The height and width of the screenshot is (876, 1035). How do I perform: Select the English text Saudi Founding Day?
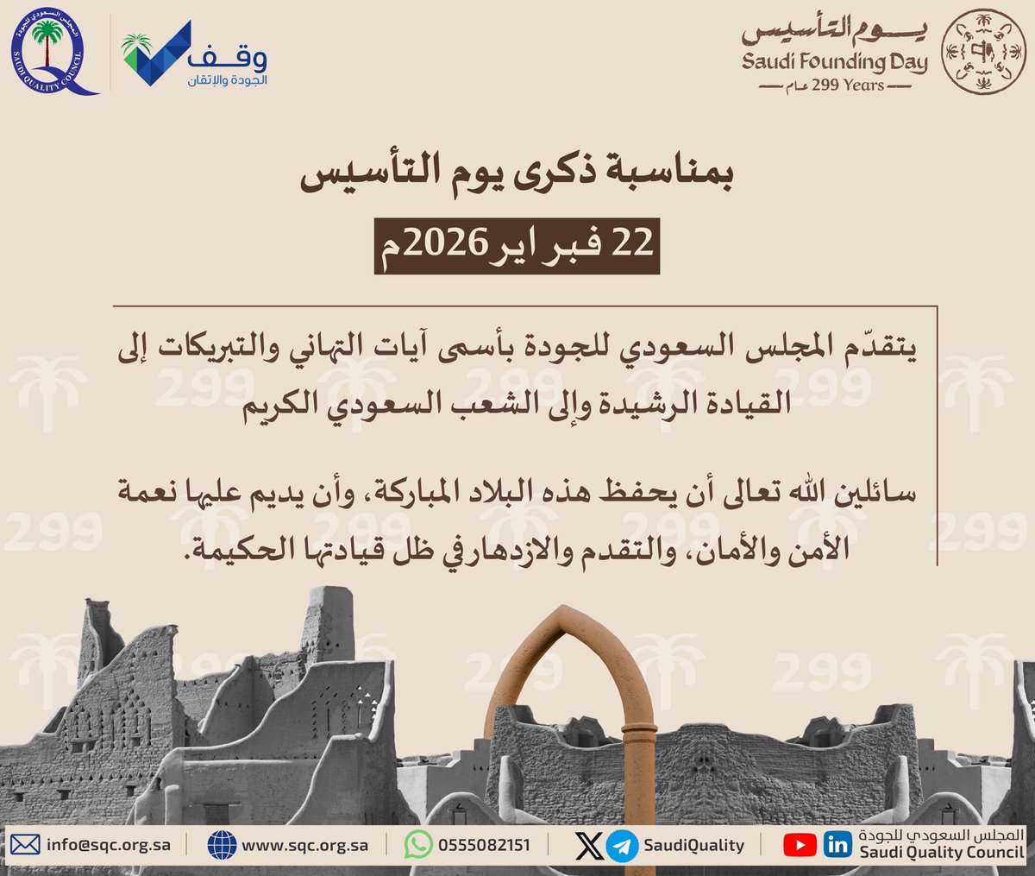click(x=834, y=62)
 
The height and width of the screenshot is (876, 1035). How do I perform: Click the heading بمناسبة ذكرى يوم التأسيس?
click(x=517, y=177)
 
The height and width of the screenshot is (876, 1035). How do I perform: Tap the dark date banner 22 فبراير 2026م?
click(x=517, y=245)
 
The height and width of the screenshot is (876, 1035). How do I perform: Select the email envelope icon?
click(x=25, y=845)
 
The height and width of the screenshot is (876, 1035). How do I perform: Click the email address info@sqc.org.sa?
click(x=108, y=845)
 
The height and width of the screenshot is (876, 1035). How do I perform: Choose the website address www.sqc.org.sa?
click(x=304, y=845)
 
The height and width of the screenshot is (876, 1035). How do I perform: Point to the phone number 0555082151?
click(x=484, y=845)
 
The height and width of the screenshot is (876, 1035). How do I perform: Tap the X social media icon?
click(x=590, y=845)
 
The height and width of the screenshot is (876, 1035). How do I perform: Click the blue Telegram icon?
click(x=621, y=846)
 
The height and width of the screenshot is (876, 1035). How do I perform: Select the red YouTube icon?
click(x=800, y=845)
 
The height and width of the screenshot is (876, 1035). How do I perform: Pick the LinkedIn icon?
click(x=837, y=845)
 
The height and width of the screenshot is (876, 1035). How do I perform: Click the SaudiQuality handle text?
click(x=693, y=845)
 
